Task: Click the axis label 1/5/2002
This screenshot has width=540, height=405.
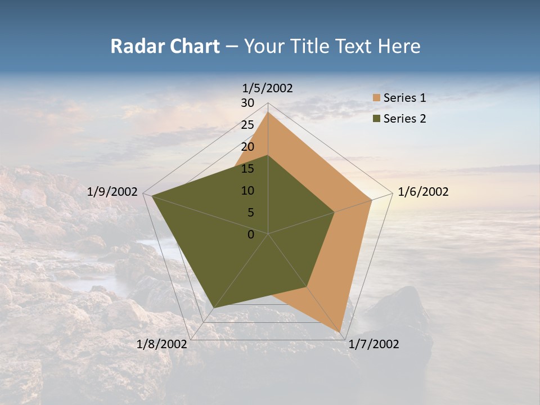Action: click(x=267, y=88)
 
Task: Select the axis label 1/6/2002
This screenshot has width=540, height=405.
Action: click(x=423, y=192)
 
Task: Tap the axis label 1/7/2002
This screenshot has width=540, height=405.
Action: click(x=373, y=344)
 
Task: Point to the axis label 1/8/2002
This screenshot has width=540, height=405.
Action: click(x=162, y=344)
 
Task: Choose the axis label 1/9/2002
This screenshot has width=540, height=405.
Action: click(x=112, y=192)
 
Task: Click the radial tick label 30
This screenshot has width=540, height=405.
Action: click(x=247, y=103)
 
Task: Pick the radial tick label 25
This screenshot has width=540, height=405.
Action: click(x=247, y=125)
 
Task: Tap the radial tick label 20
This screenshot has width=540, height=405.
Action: click(x=247, y=147)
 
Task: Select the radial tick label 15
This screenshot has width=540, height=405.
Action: click(x=247, y=169)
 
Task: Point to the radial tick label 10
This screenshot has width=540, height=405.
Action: click(x=247, y=191)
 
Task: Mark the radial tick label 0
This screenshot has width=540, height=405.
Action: click(x=251, y=235)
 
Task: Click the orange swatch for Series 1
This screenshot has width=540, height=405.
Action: click(x=376, y=98)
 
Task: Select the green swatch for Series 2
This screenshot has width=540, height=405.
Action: click(x=376, y=119)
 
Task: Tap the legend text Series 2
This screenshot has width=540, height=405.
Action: click(x=404, y=119)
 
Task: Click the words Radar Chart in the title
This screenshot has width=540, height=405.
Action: click(x=165, y=47)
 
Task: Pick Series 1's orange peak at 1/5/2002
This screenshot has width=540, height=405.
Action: click(x=268, y=112)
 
